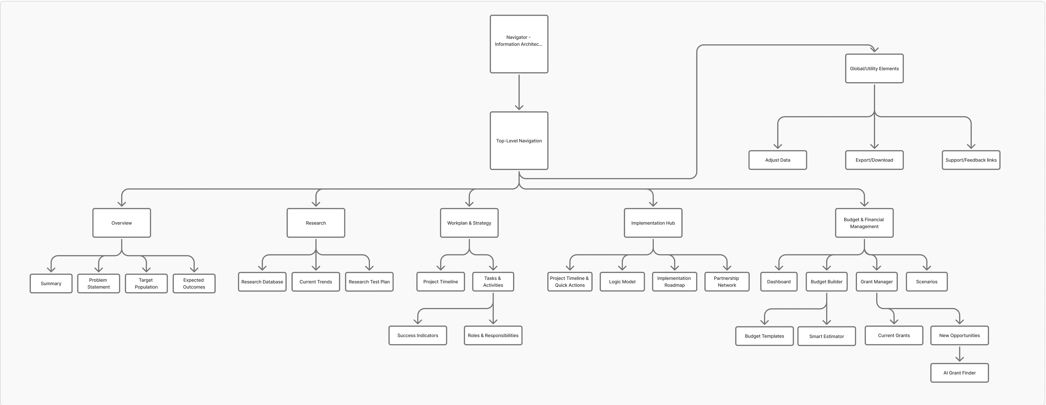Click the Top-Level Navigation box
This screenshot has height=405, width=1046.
click(519, 141)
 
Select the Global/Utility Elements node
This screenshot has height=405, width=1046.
click(874, 69)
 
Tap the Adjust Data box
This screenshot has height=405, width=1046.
click(778, 160)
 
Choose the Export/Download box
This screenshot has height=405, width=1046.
click(874, 160)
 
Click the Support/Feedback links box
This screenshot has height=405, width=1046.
click(971, 160)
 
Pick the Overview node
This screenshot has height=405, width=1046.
click(121, 223)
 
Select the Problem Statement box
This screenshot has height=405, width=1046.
click(98, 283)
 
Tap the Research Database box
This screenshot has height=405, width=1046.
click(262, 282)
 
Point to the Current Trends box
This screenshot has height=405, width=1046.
click(315, 282)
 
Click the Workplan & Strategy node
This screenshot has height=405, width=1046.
click(469, 223)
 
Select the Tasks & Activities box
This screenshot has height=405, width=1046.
click(493, 282)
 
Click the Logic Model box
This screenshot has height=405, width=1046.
click(622, 282)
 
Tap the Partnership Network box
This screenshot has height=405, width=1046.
click(727, 282)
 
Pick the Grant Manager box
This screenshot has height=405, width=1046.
click(877, 282)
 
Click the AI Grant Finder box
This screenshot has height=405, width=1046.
click(959, 373)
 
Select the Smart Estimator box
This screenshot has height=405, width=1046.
click(826, 336)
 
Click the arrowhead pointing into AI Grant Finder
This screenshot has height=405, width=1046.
click(959, 359)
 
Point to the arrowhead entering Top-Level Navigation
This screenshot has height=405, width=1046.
click(519, 107)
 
